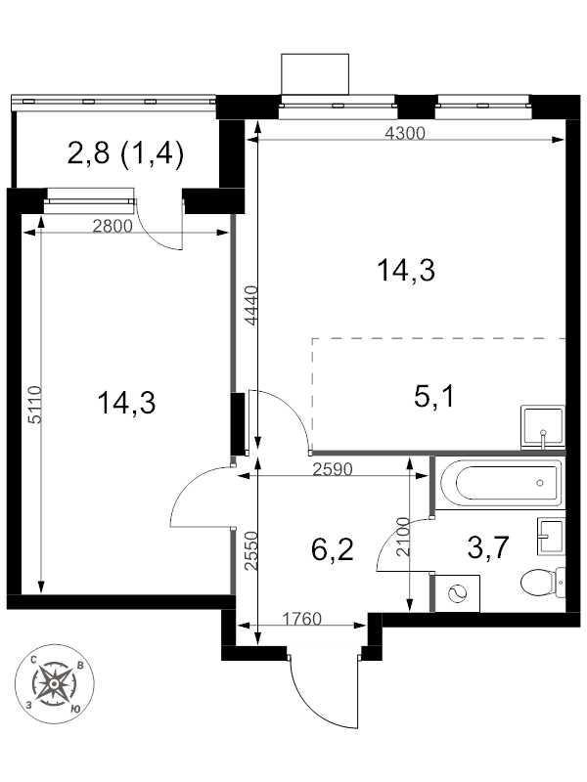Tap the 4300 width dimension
point(405,133)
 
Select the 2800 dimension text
point(113,227)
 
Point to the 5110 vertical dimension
point(34,405)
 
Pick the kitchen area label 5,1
point(434,398)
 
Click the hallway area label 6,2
point(332,549)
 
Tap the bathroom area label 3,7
point(488,546)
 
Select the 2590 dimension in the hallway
point(333,469)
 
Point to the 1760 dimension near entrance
point(302,619)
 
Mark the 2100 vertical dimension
point(402,537)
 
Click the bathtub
point(500,483)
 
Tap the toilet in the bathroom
point(543,582)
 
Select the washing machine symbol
point(457,593)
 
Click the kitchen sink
point(543,427)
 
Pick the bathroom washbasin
point(551,537)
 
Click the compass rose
point(55,683)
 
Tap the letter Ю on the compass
point(76,709)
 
